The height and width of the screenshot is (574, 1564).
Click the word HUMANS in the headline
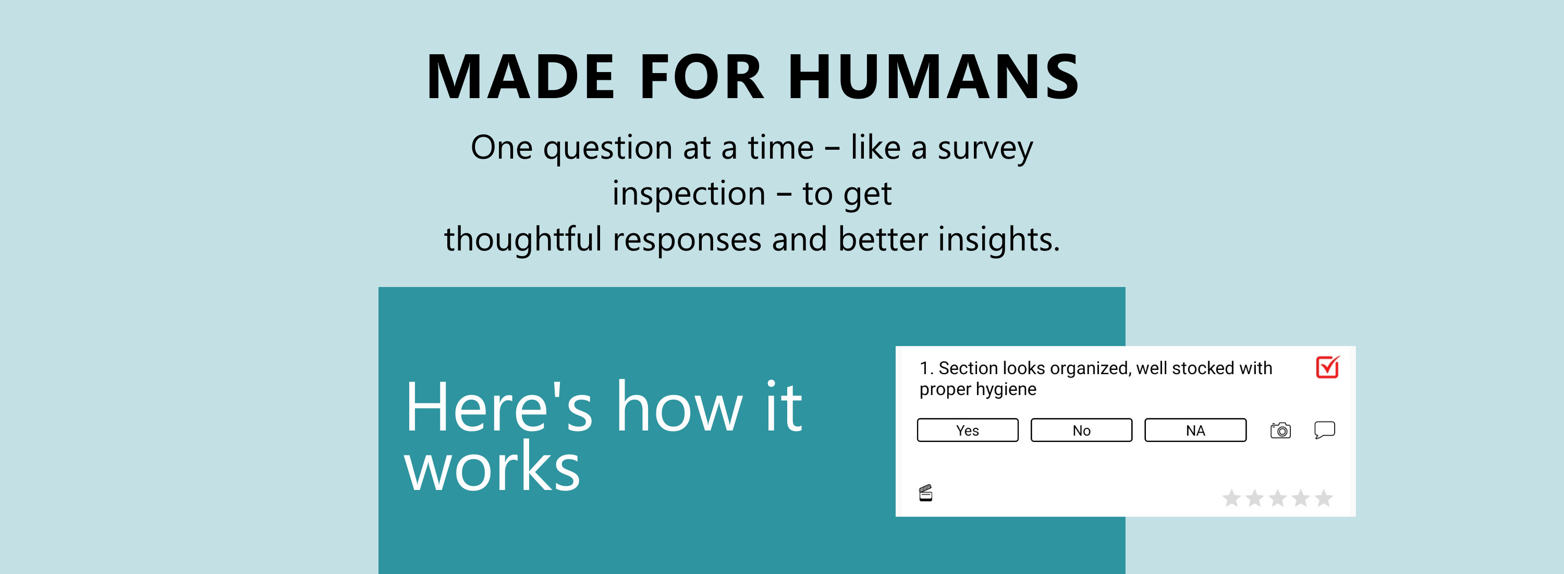pyautogui.click(x=934, y=77)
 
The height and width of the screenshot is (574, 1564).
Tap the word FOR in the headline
pyautogui.click(x=702, y=77)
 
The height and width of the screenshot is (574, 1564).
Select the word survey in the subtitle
pyautogui.click(x=985, y=149)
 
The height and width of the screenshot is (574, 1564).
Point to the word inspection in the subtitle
pyautogui.click(x=689, y=194)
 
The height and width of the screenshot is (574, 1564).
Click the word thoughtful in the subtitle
pyautogui.click(x=523, y=238)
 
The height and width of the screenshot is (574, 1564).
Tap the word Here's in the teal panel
pyautogui.click(x=498, y=407)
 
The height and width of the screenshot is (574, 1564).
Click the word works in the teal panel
pyautogui.click(x=492, y=467)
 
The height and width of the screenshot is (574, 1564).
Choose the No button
pyautogui.click(x=1081, y=430)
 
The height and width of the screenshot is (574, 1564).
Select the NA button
pyautogui.click(x=1195, y=430)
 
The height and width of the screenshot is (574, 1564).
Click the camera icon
pyautogui.click(x=1280, y=430)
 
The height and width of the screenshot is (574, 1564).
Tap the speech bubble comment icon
pyautogui.click(x=1325, y=429)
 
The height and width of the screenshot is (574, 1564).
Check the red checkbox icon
pyautogui.click(x=1328, y=367)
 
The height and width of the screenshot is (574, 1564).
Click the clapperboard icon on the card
pyautogui.click(x=925, y=493)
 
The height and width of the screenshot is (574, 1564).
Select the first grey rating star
pyautogui.click(x=1231, y=498)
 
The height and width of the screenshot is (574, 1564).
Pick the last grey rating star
pyautogui.click(x=1324, y=498)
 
